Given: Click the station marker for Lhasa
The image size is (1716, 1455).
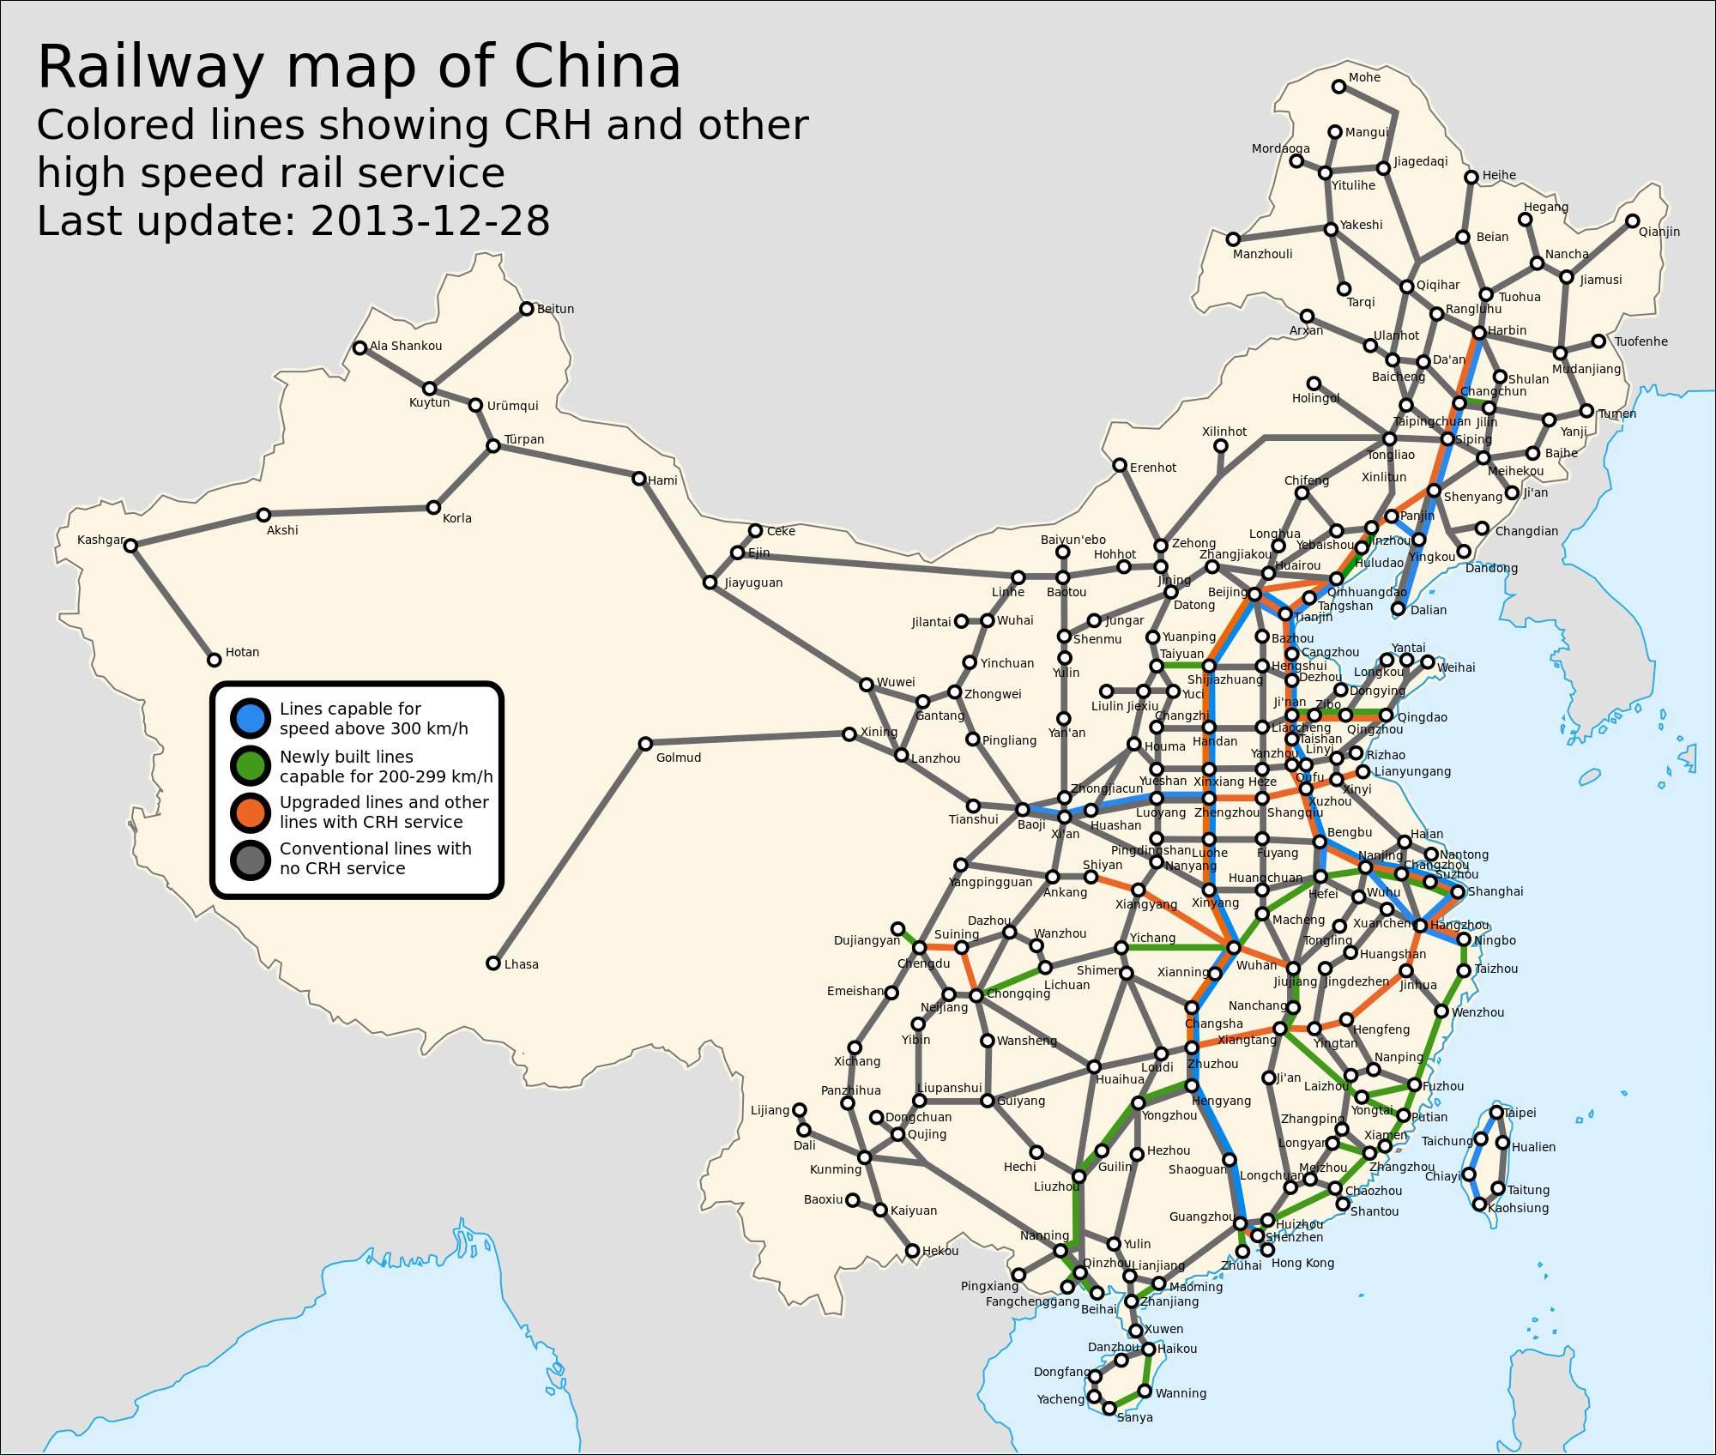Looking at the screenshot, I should click(x=493, y=963).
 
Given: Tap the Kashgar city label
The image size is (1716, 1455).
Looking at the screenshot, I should click(x=100, y=540).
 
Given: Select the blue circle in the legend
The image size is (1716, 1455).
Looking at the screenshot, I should click(x=251, y=718).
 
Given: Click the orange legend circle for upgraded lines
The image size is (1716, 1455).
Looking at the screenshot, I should click(x=251, y=812).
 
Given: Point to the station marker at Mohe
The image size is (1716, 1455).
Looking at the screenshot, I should click(x=1338, y=87).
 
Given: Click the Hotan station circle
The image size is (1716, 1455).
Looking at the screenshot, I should click(x=214, y=660).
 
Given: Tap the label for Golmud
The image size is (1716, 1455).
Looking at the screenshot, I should click(x=678, y=758).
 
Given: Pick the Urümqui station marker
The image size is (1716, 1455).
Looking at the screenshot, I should click(x=476, y=405).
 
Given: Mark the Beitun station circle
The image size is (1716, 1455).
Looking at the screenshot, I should click(x=527, y=309).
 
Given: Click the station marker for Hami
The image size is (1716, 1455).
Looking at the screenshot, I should click(x=639, y=479).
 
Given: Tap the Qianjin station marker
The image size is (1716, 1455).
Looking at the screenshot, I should click(x=1633, y=221).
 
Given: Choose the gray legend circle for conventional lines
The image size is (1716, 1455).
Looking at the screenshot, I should click(x=251, y=859).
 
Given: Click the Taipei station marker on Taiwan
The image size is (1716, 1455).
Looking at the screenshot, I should click(x=1496, y=1113).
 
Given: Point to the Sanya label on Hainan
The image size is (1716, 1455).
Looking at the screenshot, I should click(x=1134, y=1418).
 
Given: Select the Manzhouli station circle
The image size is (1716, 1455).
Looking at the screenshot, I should click(x=1233, y=239).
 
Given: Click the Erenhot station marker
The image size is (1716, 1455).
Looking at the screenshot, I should click(x=1120, y=465).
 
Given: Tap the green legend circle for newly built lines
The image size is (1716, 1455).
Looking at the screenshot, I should click(x=251, y=765).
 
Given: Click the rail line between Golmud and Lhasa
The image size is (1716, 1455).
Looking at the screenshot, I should click(x=569, y=854).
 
